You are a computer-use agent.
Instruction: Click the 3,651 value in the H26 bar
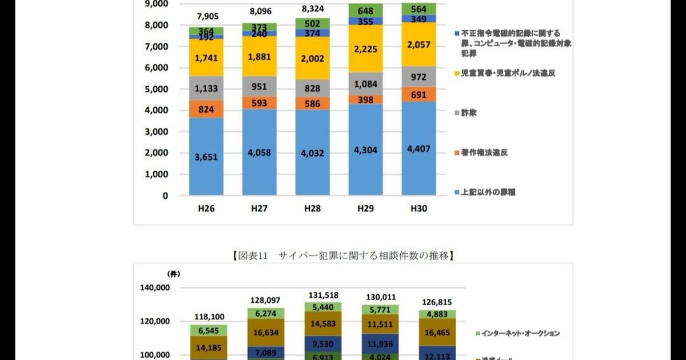(x=206, y=157)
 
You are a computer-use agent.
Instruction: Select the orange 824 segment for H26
(x=206, y=109)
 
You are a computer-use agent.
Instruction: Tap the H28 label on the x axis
(x=312, y=209)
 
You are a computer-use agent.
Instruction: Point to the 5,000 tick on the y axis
(x=156, y=89)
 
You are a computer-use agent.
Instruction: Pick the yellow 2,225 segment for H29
(x=365, y=49)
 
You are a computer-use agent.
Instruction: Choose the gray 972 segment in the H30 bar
(x=418, y=77)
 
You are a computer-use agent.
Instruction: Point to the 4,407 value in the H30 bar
(x=418, y=149)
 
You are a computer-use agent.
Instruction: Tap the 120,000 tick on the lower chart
(x=155, y=321)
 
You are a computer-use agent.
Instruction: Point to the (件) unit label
(x=173, y=274)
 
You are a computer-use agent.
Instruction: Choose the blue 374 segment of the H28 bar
(x=312, y=34)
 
